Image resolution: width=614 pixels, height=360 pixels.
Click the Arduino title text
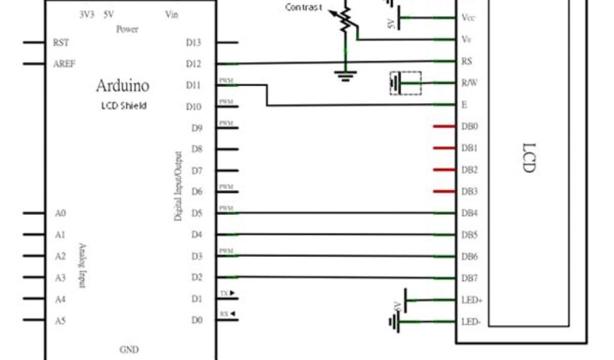click(122, 86)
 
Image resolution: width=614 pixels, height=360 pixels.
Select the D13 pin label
click(195, 43)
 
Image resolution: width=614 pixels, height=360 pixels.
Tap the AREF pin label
click(64, 64)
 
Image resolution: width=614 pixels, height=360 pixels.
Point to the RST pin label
click(61, 43)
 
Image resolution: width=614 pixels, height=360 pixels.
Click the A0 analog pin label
click(59, 213)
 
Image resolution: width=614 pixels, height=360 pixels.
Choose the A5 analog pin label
click(59, 321)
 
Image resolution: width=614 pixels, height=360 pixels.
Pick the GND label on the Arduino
click(130, 348)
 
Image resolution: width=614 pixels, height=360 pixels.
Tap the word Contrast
click(304, 8)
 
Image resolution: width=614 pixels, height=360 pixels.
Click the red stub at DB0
click(443, 127)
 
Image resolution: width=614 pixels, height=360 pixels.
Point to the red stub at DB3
click(443, 192)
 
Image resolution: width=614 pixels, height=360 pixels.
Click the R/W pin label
click(469, 83)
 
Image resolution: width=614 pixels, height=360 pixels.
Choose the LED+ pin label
click(472, 299)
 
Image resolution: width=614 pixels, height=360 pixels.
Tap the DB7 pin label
click(470, 278)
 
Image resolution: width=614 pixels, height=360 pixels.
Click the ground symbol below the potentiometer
click(345, 74)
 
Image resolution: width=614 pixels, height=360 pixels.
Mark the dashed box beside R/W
click(405, 83)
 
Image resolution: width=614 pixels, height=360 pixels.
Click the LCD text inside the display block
click(528, 158)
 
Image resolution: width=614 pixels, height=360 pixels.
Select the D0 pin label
click(196, 321)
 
